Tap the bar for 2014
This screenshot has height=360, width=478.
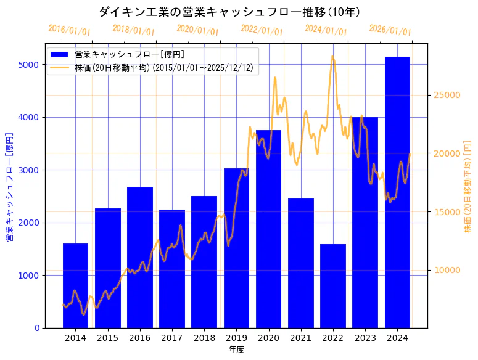click(75, 286)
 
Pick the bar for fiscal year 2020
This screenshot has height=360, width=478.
click(268, 229)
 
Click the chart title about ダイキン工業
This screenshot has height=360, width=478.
click(229, 12)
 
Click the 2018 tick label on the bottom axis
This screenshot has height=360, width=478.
click(204, 338)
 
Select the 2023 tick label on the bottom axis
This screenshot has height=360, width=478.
click(365, 338)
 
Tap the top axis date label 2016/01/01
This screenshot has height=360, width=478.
click(69, 30)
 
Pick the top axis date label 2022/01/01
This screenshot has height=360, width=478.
click(262, 30)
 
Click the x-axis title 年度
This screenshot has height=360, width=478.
click(236, 350)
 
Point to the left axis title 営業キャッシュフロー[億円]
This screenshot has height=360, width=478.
click(9, 186)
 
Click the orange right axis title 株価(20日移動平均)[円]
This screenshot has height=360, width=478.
click(468, 186)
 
